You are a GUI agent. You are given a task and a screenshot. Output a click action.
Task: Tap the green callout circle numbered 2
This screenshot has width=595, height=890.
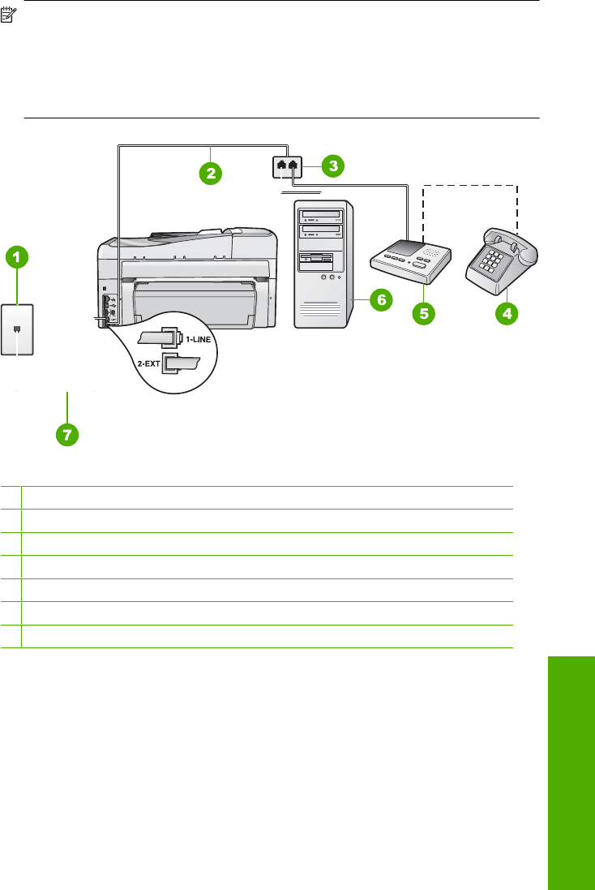(x=211, y=173)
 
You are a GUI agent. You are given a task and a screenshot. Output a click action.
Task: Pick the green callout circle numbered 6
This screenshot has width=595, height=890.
(x=379, y=299)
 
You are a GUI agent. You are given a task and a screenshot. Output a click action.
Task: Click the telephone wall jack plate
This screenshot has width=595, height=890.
(x=17, y=329)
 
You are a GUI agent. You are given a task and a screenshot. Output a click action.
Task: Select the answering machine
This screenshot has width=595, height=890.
(x=409, y=260)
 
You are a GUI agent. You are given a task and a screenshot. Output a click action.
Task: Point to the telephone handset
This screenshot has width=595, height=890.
(x=511, y=240)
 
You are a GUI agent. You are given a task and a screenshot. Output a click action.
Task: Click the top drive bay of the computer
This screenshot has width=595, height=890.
(x=321, y=217)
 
